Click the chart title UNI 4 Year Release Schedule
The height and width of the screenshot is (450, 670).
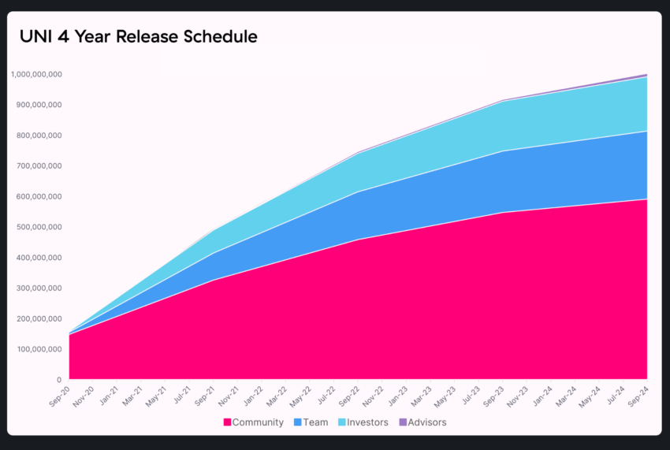tap(139, 37)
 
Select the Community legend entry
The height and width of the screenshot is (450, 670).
tap(253, 422)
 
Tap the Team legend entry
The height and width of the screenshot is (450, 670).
tap(311, 422)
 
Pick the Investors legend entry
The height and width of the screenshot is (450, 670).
tap(363, 422)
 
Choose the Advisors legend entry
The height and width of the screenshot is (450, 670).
tap(422, 422)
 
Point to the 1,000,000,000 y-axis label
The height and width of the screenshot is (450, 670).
tap(36, 74)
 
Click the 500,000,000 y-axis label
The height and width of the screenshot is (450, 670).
tap(39, 227)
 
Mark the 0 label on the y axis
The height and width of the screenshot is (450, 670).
tap(59, 380)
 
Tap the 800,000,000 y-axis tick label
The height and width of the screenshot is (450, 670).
tap(39, 136)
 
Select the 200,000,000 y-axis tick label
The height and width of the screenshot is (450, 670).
tap(39, 319)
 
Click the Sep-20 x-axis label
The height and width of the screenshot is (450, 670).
tap(59, 396)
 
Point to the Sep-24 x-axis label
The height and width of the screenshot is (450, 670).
tap(638, 396)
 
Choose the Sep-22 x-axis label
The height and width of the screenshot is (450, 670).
tap(349, 396)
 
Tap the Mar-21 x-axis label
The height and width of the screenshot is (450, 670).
tap(132, 396)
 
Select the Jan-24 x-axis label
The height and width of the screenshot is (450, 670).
tap(542, 396)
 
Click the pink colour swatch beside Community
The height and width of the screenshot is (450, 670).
tap(227, 422)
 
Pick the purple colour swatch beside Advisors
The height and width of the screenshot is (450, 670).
tap(403, 422)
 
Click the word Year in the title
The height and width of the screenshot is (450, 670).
tap(92, 37)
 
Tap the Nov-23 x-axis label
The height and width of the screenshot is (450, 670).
tap(517, 396)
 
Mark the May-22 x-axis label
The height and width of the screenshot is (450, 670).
tap(300, 396)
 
